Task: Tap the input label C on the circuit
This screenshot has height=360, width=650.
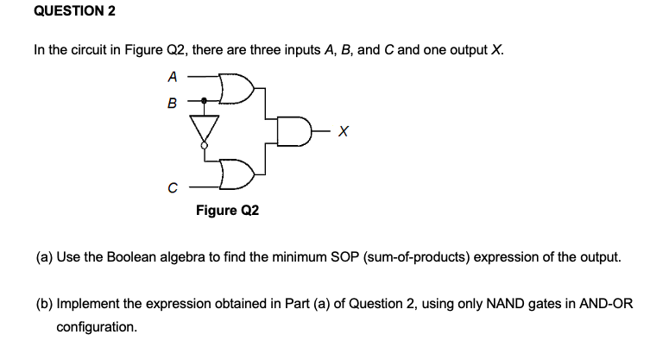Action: click(x=172, y=186)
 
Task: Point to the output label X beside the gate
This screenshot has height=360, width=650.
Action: click(x=344, y=131)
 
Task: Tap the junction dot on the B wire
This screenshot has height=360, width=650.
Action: click(x=205, y=100)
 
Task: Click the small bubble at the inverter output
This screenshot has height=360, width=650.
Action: click(x=205, y=147)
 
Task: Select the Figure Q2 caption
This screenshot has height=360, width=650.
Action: click(x=227, y=210)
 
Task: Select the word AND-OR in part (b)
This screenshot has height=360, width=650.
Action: click(x=603, y=305)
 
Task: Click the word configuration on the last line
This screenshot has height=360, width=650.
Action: click(x=96, y=327)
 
